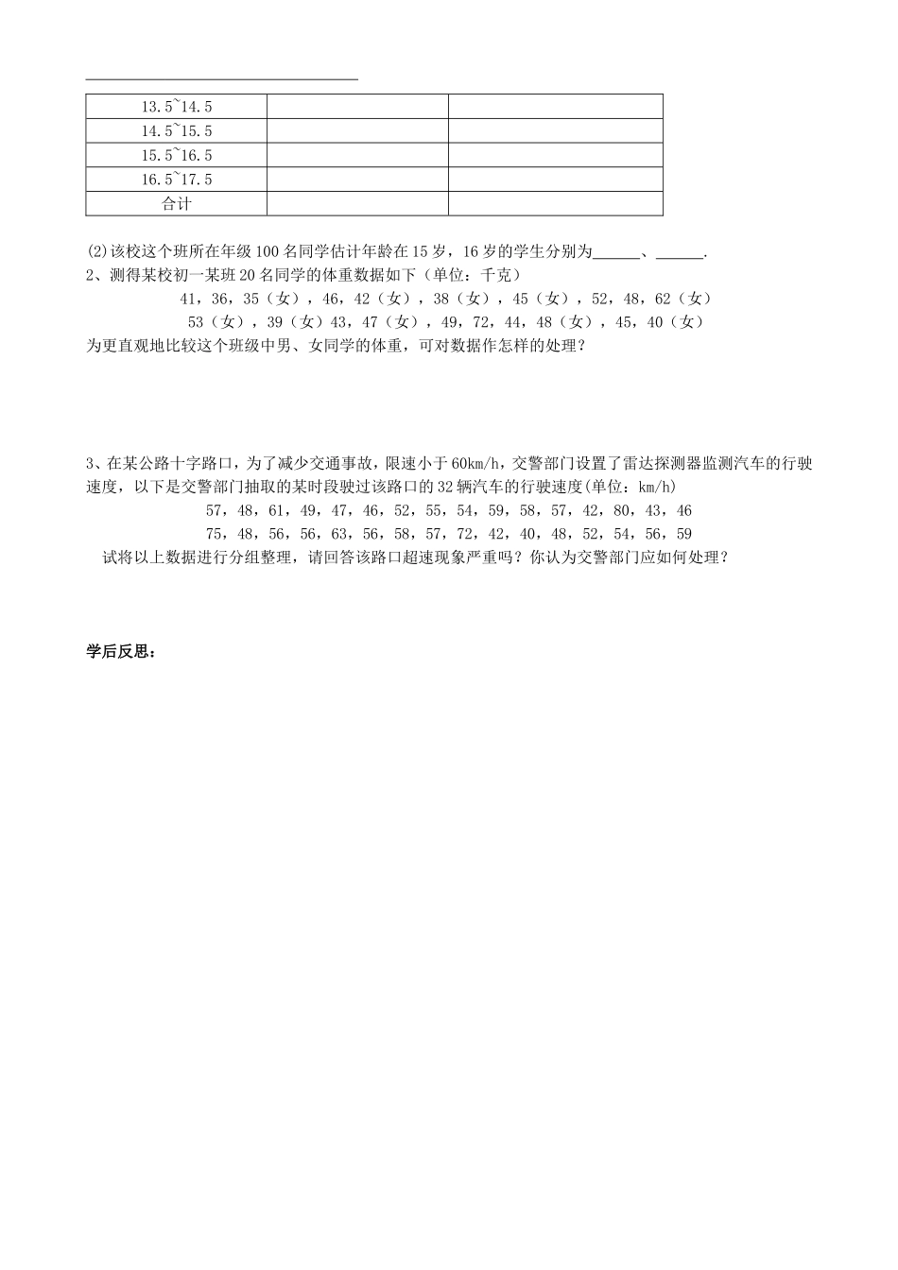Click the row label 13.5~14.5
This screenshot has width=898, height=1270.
(x=176, y=107)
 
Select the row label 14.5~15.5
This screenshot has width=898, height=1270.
(x=176, y=131)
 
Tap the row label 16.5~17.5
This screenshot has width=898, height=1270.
(x=176, y=180)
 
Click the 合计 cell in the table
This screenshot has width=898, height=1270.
(x=176, y=204)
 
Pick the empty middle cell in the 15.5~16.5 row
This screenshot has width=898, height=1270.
(x=357, y=156)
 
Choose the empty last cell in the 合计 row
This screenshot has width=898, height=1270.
(x=555, y=204)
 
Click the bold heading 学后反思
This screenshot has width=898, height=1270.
(x=120, y=652)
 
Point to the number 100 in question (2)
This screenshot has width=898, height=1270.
(x=268, y=251)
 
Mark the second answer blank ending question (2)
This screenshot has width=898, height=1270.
(x=680, y=252)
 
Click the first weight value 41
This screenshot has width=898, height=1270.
(x=188, y=299)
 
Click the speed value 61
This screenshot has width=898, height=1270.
(x=277, y=510)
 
